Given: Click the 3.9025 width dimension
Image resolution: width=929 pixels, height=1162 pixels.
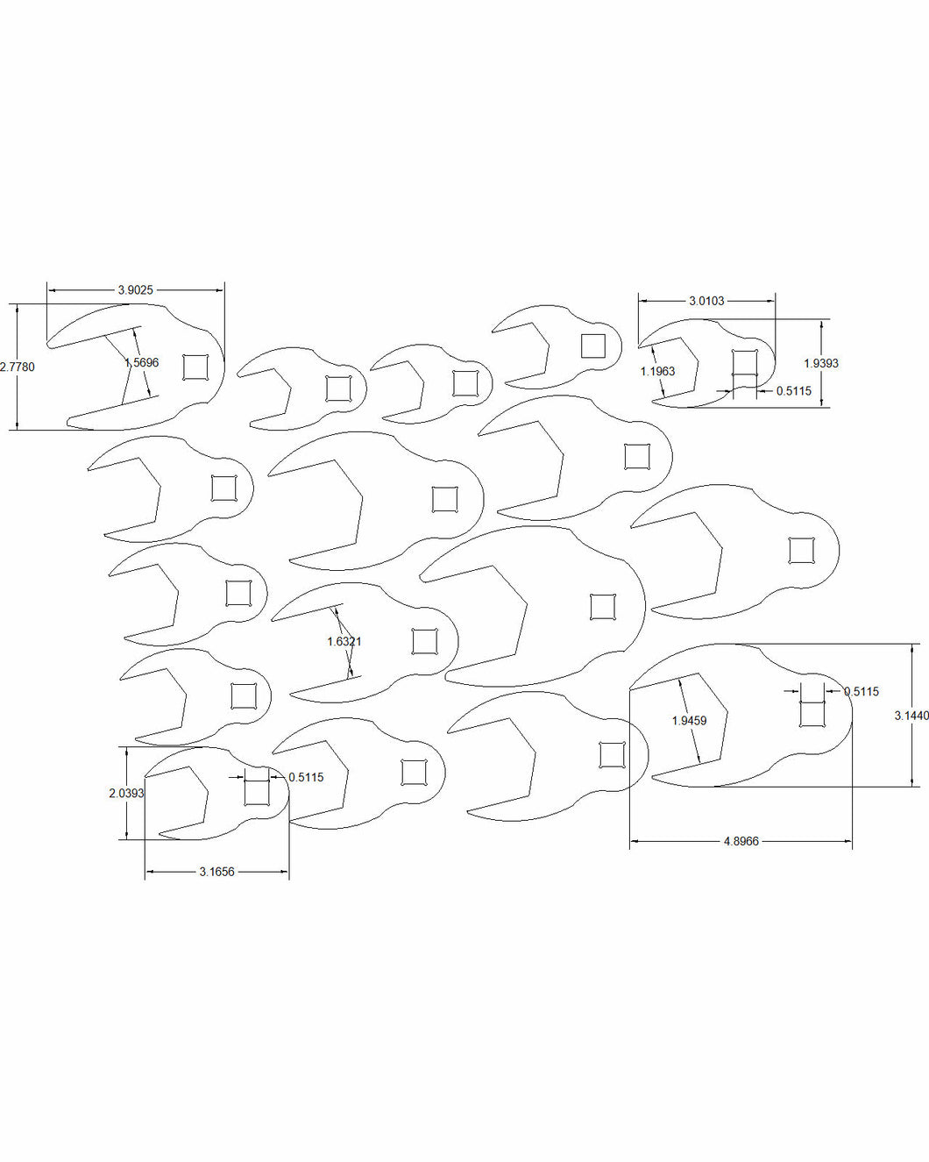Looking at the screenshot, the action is (136, 290).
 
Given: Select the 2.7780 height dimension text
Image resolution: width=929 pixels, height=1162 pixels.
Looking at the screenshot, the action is (18, 367).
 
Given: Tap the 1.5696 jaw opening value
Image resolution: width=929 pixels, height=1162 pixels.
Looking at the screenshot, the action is (141, 362).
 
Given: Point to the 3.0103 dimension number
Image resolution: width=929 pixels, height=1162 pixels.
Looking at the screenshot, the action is (706, 302).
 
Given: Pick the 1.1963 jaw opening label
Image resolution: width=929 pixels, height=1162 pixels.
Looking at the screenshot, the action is (657, 372).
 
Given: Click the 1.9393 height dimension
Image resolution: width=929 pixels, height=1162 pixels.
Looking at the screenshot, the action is (821, 363).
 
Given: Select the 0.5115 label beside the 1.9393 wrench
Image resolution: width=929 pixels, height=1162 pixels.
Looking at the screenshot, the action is (793, 391).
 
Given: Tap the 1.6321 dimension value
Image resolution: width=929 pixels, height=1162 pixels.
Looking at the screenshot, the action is (344, 641).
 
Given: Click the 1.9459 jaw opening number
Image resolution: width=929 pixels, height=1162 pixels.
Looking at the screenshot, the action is (690, 720).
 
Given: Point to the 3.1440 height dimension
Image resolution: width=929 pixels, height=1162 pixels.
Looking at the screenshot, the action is (911, 716).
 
